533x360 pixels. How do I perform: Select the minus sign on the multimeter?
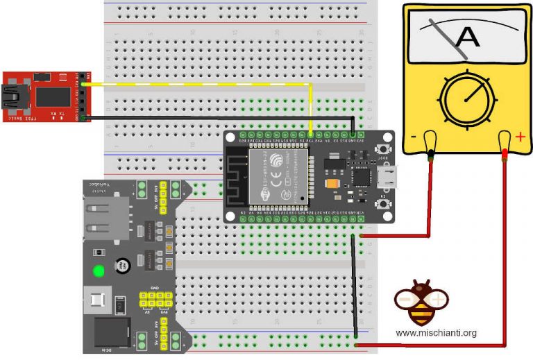(414, 137)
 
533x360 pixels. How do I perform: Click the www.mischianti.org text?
(437, 334)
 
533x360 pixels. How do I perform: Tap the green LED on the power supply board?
(99, 271)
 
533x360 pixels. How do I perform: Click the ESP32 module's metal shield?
(277, 175)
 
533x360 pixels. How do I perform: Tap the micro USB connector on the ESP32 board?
(391, 177)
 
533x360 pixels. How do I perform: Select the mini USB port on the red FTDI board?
(11, 96)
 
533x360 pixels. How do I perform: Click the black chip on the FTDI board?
(51, 96)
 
